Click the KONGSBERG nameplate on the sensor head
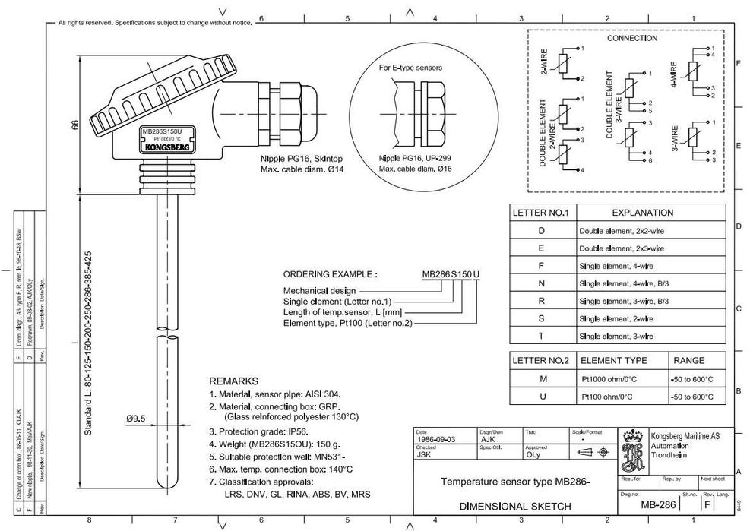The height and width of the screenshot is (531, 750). coord(167,149)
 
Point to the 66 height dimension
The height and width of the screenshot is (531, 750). coord(75,125)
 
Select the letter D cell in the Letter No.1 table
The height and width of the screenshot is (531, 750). coord(540,230)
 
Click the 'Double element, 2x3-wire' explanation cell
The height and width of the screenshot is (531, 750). coord(621,248)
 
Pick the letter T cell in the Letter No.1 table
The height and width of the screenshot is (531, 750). coord(540,336)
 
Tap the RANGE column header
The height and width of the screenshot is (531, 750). coord(688,360)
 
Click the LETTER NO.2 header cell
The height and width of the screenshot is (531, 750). coord(540,360)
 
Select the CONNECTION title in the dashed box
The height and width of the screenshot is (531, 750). coord(631,38)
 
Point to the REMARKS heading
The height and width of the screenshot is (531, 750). coord(233,381)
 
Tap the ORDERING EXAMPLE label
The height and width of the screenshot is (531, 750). coord(330,274)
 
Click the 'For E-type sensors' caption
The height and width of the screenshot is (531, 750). coord(410,68)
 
